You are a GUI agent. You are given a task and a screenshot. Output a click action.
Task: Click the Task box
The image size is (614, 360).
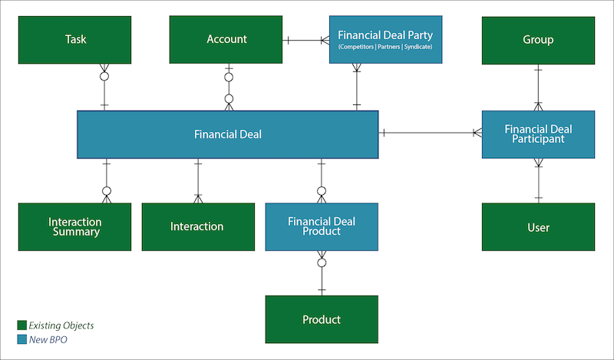(75, 40)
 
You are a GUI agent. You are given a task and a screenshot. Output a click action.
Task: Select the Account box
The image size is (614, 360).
(226, 40)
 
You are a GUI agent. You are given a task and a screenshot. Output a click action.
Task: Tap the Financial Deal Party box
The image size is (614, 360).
(385, 40)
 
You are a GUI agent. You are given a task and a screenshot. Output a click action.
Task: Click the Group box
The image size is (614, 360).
(538, 40)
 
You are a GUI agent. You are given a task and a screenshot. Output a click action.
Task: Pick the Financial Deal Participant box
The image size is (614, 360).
(538, 134)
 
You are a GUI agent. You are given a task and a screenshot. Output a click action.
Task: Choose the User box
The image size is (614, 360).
(538, 227)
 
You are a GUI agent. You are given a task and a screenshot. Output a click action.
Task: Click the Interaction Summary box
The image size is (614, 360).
(75, 227)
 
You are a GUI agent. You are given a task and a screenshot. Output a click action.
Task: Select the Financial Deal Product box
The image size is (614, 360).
(322, 226)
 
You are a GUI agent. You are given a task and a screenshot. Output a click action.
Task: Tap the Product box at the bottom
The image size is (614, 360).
(322, 319)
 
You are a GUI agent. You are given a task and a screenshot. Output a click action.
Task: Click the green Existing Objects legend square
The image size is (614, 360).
(21, 325)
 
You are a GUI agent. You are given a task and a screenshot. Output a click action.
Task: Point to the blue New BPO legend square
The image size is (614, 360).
(21, 339)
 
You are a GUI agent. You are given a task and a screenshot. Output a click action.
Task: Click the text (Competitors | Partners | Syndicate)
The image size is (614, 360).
(385, 48)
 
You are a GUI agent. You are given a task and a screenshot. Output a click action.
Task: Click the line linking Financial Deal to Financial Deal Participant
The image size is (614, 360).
(430, 134)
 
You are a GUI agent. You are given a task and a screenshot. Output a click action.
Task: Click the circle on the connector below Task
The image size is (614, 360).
(104, 77)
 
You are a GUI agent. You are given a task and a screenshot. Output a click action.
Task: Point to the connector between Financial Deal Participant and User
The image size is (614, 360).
(538, 180)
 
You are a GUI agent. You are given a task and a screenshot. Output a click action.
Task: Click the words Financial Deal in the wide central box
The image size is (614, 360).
(228, 134)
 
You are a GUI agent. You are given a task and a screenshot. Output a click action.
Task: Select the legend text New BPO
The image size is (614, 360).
(48, 339)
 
